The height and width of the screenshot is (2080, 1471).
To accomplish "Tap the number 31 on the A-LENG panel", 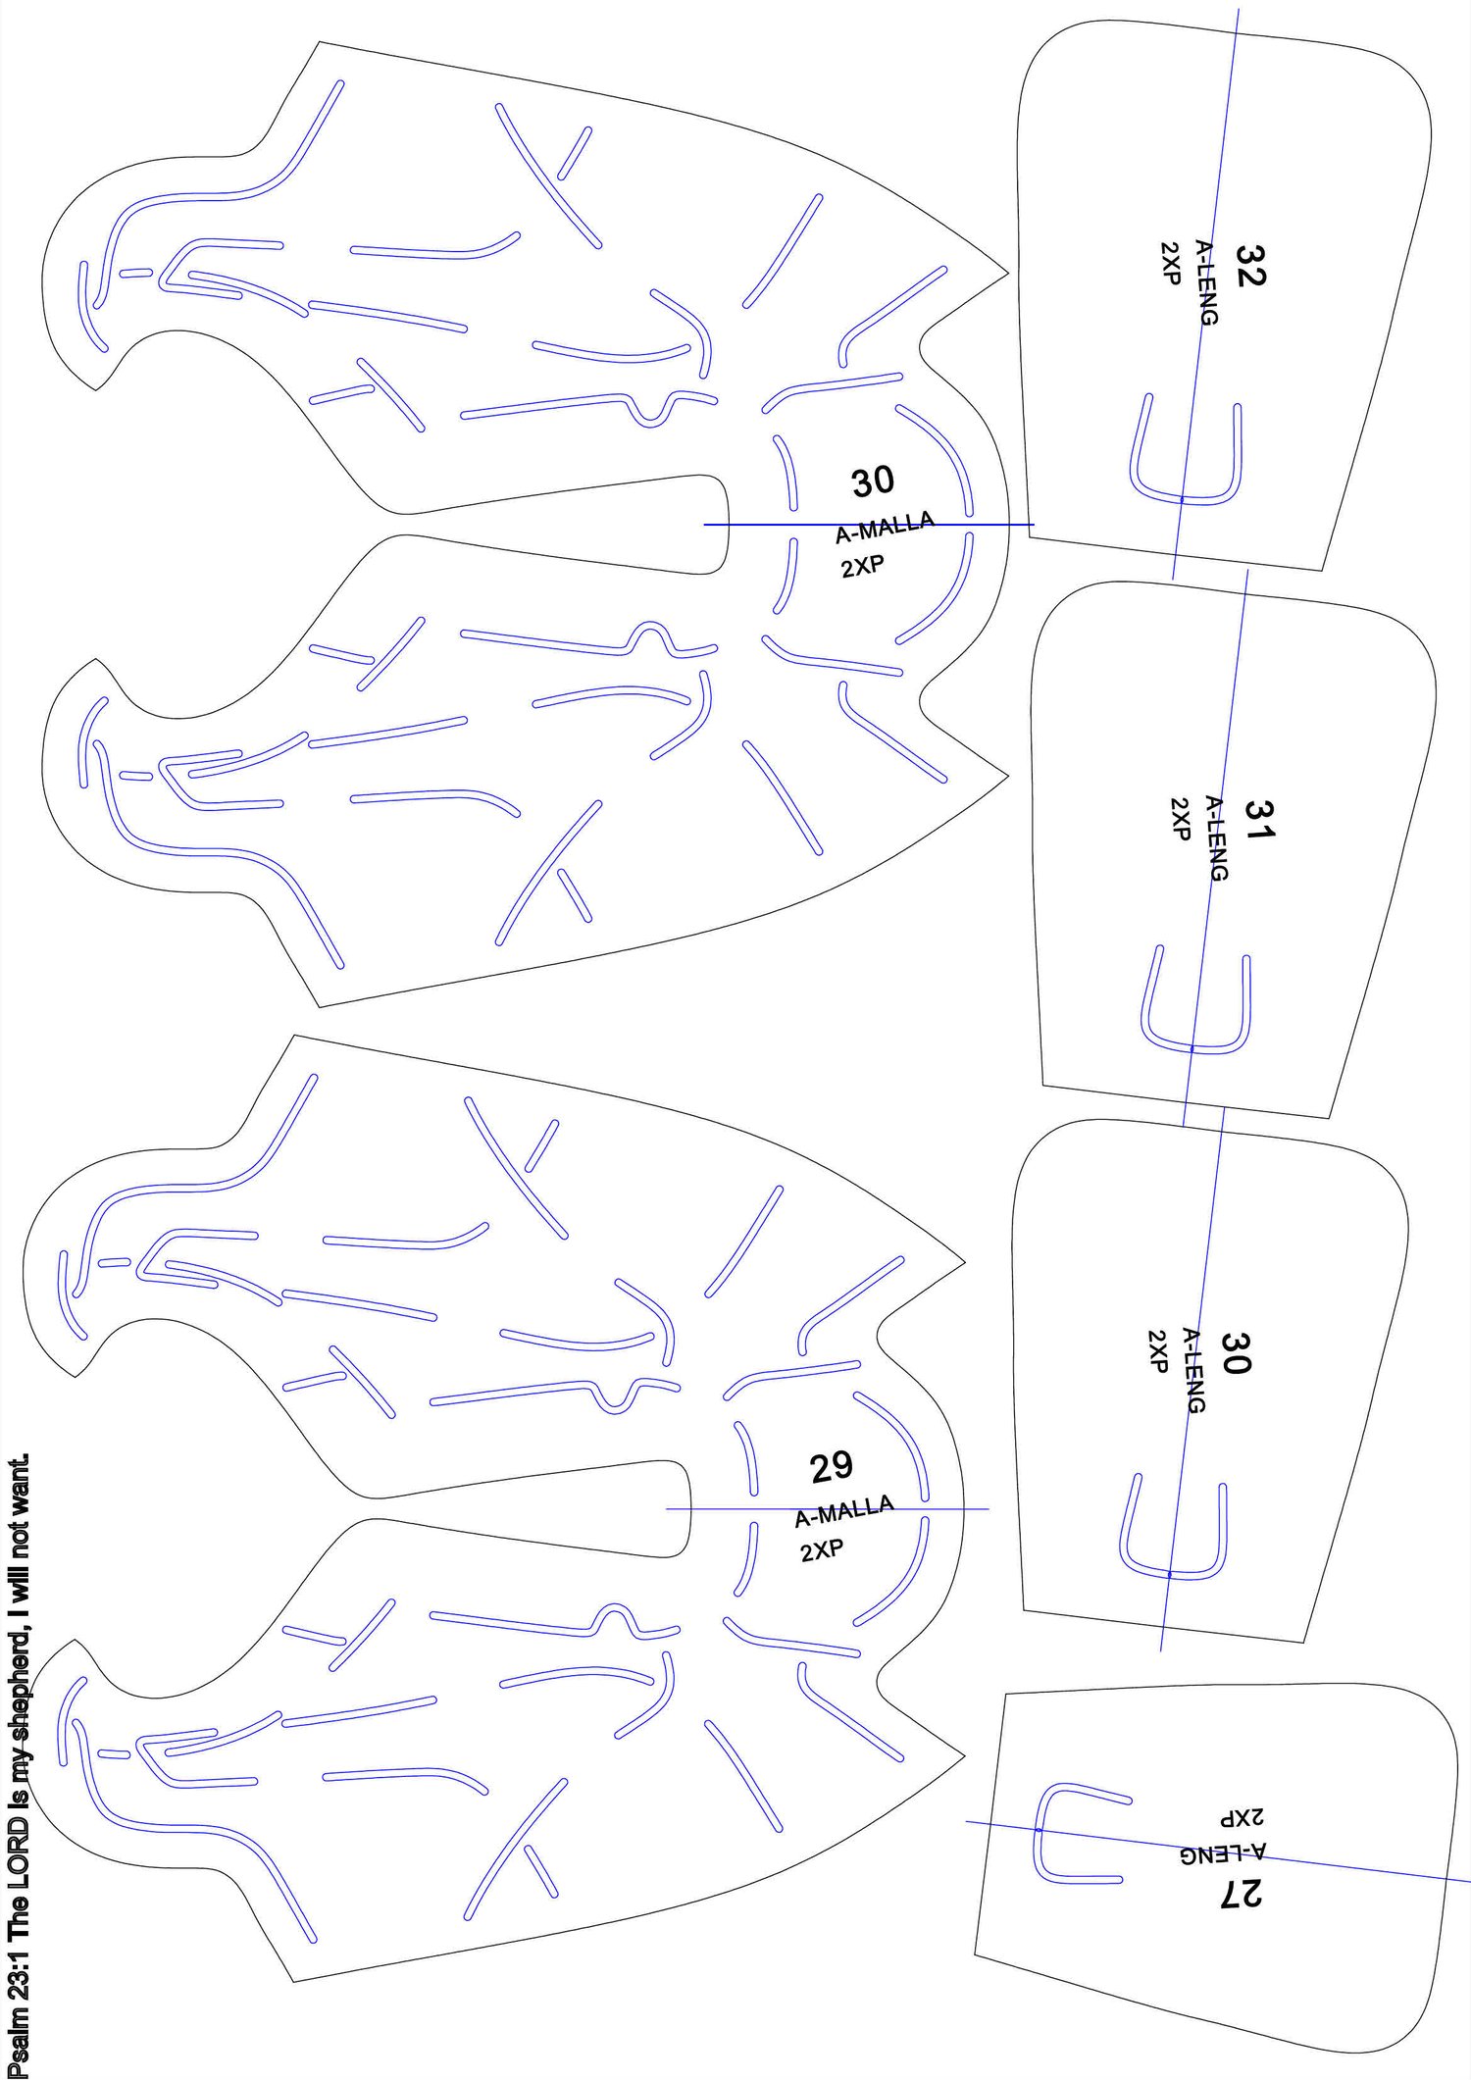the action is [1259, 819].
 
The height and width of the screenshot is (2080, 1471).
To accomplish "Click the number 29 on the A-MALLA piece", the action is [832, 1468].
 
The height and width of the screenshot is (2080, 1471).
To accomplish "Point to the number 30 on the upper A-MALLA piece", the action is [873, 482].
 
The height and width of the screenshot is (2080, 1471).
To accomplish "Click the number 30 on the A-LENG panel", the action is [1236, 1352].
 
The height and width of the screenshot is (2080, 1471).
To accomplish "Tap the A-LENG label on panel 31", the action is [1216, 837].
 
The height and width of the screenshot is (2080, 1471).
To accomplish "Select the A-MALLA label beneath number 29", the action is [844, 1511].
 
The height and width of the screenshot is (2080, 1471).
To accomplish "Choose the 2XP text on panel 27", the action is [1242, 1816].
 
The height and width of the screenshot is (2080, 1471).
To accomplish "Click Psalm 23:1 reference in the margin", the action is [18, 2003].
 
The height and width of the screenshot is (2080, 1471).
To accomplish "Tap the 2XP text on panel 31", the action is [1181, 819].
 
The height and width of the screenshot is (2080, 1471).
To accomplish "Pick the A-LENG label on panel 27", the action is [1222, 1852].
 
